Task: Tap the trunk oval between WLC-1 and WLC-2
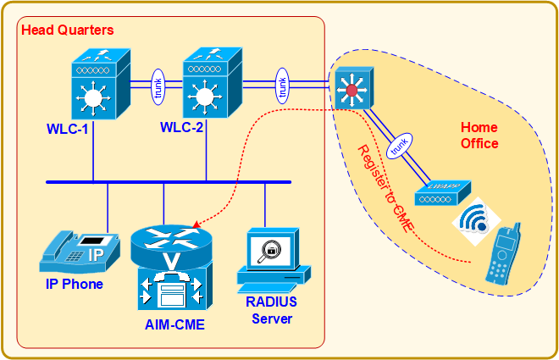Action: (x=157, y=87)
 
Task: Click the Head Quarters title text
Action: (x=67, y=30)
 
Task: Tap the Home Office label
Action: (x=479, y=136)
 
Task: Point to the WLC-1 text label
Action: (x=69, y=130)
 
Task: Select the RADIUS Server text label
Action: (x=270, y=310)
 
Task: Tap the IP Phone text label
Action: (x=75, y=284)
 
